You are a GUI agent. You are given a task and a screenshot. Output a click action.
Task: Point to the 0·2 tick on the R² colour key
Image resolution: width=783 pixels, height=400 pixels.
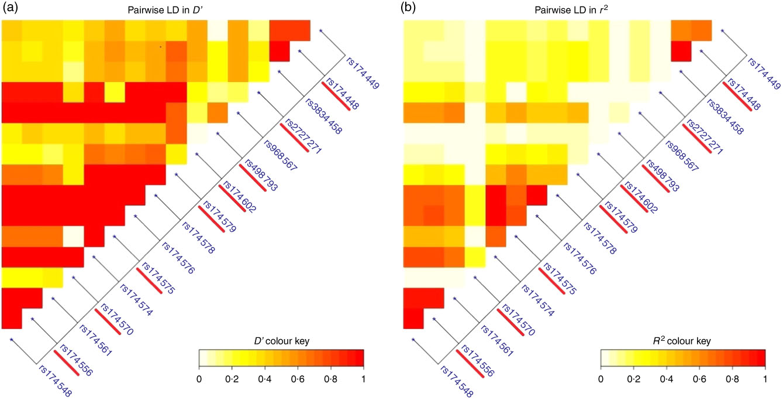pyautogui.click(x=633, y=379)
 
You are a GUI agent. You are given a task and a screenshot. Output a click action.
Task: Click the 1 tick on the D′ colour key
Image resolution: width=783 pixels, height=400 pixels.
pyautogui.click(x=364, y=379)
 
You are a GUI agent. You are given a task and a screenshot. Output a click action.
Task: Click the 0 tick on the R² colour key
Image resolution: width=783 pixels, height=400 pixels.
pyautogui.click(x=601, y=379)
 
